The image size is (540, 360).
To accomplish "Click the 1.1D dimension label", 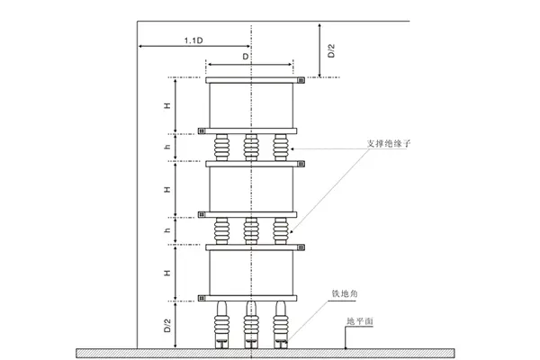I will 192,40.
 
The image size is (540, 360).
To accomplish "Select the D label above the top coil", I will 247,56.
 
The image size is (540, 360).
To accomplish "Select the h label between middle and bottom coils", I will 167,231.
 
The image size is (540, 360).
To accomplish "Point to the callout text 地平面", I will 359,320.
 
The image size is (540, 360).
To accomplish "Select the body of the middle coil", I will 252,190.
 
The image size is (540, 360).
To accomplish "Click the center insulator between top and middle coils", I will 252,147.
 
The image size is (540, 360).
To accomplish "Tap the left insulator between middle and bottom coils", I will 221,230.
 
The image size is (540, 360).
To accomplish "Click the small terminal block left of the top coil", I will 202,130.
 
